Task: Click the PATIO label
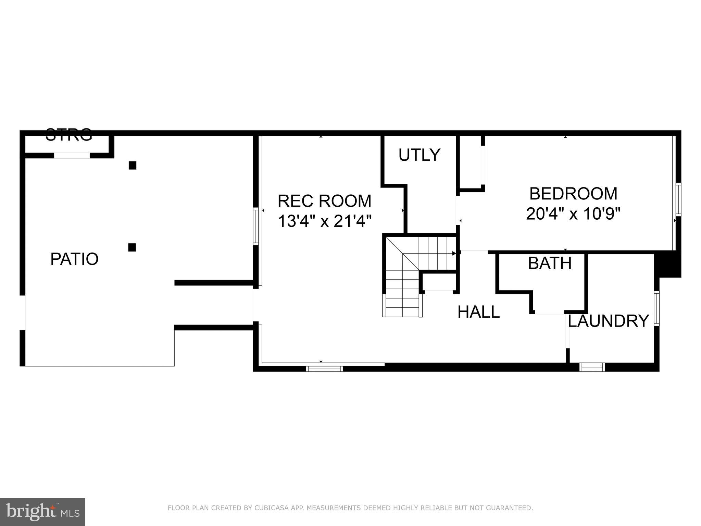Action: [x=74, y=259]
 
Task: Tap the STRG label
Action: [x=69, y=135]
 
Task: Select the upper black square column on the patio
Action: [x=133, y=166]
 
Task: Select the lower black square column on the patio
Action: [x=132, y=247]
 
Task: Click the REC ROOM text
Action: [x=324, y=201]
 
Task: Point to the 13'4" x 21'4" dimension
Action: [x=324, y=221]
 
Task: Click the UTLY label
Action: [x=419, y=155]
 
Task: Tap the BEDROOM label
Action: [x=573, y=194]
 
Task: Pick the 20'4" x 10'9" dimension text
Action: [x=573, y=214]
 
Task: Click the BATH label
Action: [x=550, y=263]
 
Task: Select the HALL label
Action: [x=478, y=312]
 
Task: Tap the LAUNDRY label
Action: [x=608, y=321]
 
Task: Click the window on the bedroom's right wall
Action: [x=678, y=199]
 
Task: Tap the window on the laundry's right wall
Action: [x=656, y=308]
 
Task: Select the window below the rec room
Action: [x=324, y=369]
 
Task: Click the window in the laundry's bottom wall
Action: [x=592, y=367]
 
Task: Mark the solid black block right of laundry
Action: [x=667, y=265]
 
